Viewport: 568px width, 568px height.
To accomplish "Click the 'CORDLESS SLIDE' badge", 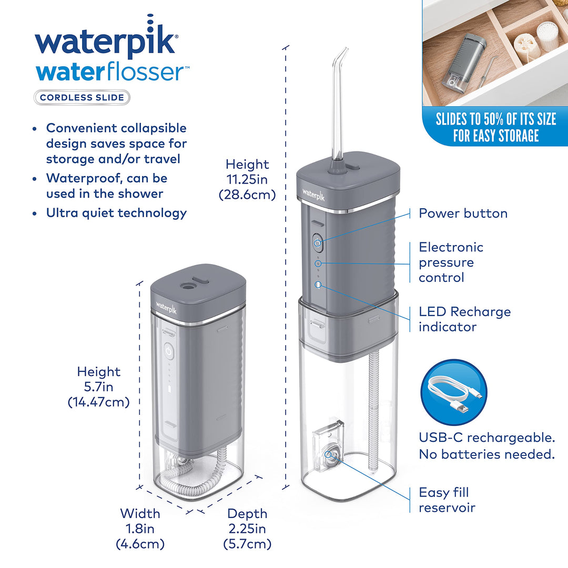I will (x=82, y=97).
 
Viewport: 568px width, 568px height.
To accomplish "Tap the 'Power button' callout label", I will (x=463, y=214).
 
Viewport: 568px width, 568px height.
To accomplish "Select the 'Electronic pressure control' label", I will (x=451, y=262).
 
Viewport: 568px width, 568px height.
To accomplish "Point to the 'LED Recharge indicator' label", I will (x=464, y=319).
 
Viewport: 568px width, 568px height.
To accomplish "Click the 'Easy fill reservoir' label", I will (x=447, y=500).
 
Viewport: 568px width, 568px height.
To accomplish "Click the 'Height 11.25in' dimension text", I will (x=247, y=179).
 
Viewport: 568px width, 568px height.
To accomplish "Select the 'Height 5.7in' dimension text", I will (x=99, y=387).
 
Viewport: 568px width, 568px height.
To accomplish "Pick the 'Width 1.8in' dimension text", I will (x=140, y=528).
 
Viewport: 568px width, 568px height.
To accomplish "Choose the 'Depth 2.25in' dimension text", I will (x=247, y=528).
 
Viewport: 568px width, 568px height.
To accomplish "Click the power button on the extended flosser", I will (x=318, y=243).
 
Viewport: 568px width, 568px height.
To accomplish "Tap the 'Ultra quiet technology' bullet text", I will (x=116, y=213).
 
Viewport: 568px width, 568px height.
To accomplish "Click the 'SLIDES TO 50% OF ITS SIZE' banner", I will (x=495, y=127).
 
